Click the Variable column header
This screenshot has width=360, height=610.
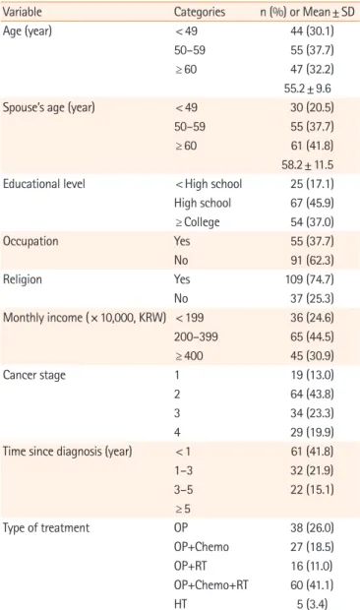pos(23,12)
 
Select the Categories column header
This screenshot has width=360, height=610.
pos(200,12)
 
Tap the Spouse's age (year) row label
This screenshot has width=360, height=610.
pos(48,108)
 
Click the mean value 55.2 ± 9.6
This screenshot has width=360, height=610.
pos(308,89)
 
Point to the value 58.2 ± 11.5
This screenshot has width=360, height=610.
pos(308,165)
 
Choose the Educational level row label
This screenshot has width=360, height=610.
pos(44,184)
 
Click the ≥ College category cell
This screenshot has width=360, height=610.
pos(197,222)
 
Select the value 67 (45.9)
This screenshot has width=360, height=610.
pos(312,203)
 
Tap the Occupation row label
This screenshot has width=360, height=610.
pos(30,242)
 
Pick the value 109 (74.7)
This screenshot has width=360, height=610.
pos(310,279)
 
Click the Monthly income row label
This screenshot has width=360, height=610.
pos(85,318)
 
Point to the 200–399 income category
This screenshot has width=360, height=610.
pos(196,336)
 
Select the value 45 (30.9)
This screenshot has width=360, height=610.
pos(312,356)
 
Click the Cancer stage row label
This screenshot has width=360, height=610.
pos(34,376)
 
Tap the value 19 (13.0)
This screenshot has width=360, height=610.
pos(312,375)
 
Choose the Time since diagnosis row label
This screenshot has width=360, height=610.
pos(67,452)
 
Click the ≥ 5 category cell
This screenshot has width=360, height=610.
pos(183,509)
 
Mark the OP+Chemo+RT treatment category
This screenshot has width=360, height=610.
pos(211,584)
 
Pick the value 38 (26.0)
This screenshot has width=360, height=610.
pos(312,528)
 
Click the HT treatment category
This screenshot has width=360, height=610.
pos(180,604)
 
